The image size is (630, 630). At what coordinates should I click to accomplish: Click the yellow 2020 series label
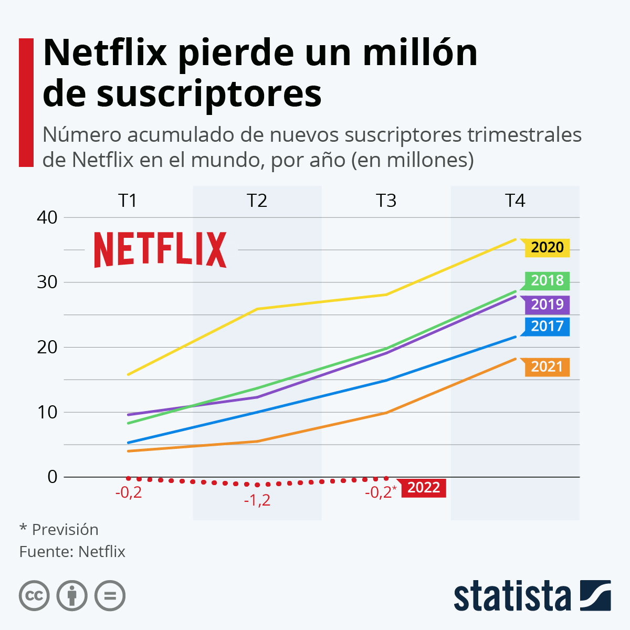click(x=547, y=247)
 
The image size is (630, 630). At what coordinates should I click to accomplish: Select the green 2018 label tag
click(x=547, y=280)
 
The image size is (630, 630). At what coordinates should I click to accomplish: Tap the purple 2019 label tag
click(x=547, y=304)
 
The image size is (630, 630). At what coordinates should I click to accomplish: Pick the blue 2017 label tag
click(x=547, y=326)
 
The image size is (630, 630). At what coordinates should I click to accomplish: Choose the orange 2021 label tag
click(x=547, y=366)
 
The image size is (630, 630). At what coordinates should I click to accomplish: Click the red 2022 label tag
click(x=423, y=488)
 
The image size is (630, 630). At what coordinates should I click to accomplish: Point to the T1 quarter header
click(x=128, y=201)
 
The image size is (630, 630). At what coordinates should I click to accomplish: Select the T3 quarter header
click(x=386, y=201)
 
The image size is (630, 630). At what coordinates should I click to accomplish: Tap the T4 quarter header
click(x=515, y=201)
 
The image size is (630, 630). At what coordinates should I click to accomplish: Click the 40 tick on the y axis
click(x=47, y=217)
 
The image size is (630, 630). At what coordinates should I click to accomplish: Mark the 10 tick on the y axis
click(x=47, y=412)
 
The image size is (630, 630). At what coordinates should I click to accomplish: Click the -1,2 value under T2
click(x=257, y=500)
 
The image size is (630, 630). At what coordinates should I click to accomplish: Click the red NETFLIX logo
click(x=160, y=250)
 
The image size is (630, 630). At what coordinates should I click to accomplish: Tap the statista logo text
click(x=512, y=596)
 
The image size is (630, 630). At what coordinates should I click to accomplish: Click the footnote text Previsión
click(x=65, y=529)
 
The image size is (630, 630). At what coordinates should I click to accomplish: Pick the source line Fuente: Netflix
click(x=72, y=552)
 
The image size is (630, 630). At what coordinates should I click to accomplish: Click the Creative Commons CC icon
click(x=34, y=596)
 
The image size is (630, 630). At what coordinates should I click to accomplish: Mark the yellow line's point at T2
click(x=257, y=309)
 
